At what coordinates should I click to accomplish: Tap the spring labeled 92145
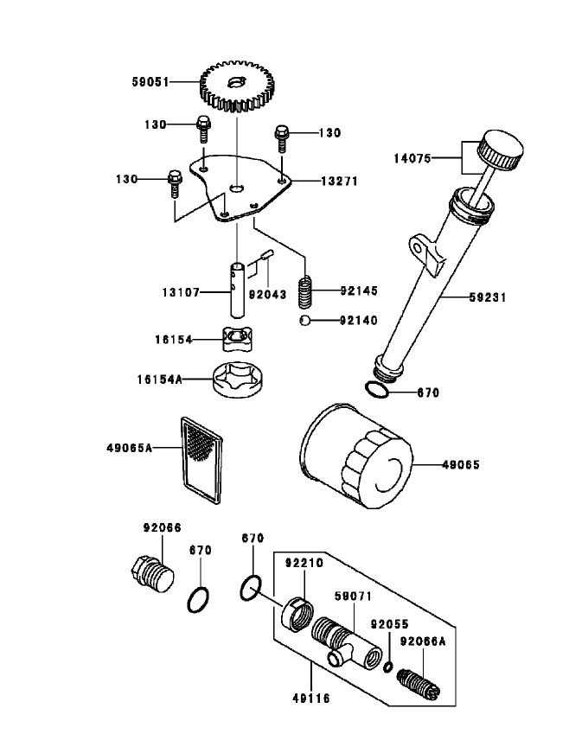point(304,291)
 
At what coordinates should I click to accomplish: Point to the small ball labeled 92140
point(304,322)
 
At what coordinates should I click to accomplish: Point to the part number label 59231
point(486,297)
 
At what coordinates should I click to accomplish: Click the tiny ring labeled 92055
point(389,666)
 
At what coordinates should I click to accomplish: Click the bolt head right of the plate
point(281,133)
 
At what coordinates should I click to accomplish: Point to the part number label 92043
point(268,292)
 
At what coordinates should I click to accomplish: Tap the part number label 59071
point(353,596)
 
